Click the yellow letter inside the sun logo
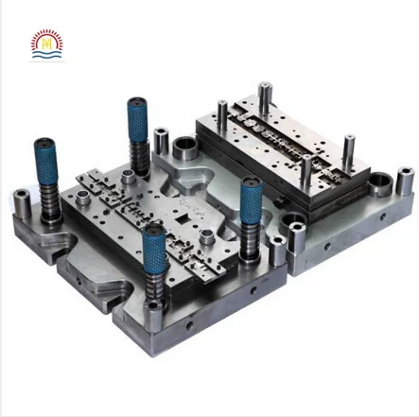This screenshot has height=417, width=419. point(45,43)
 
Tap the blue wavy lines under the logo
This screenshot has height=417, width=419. point(45,57)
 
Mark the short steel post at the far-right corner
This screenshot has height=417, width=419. point(405,182)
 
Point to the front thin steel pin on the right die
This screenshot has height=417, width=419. point(306,170)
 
